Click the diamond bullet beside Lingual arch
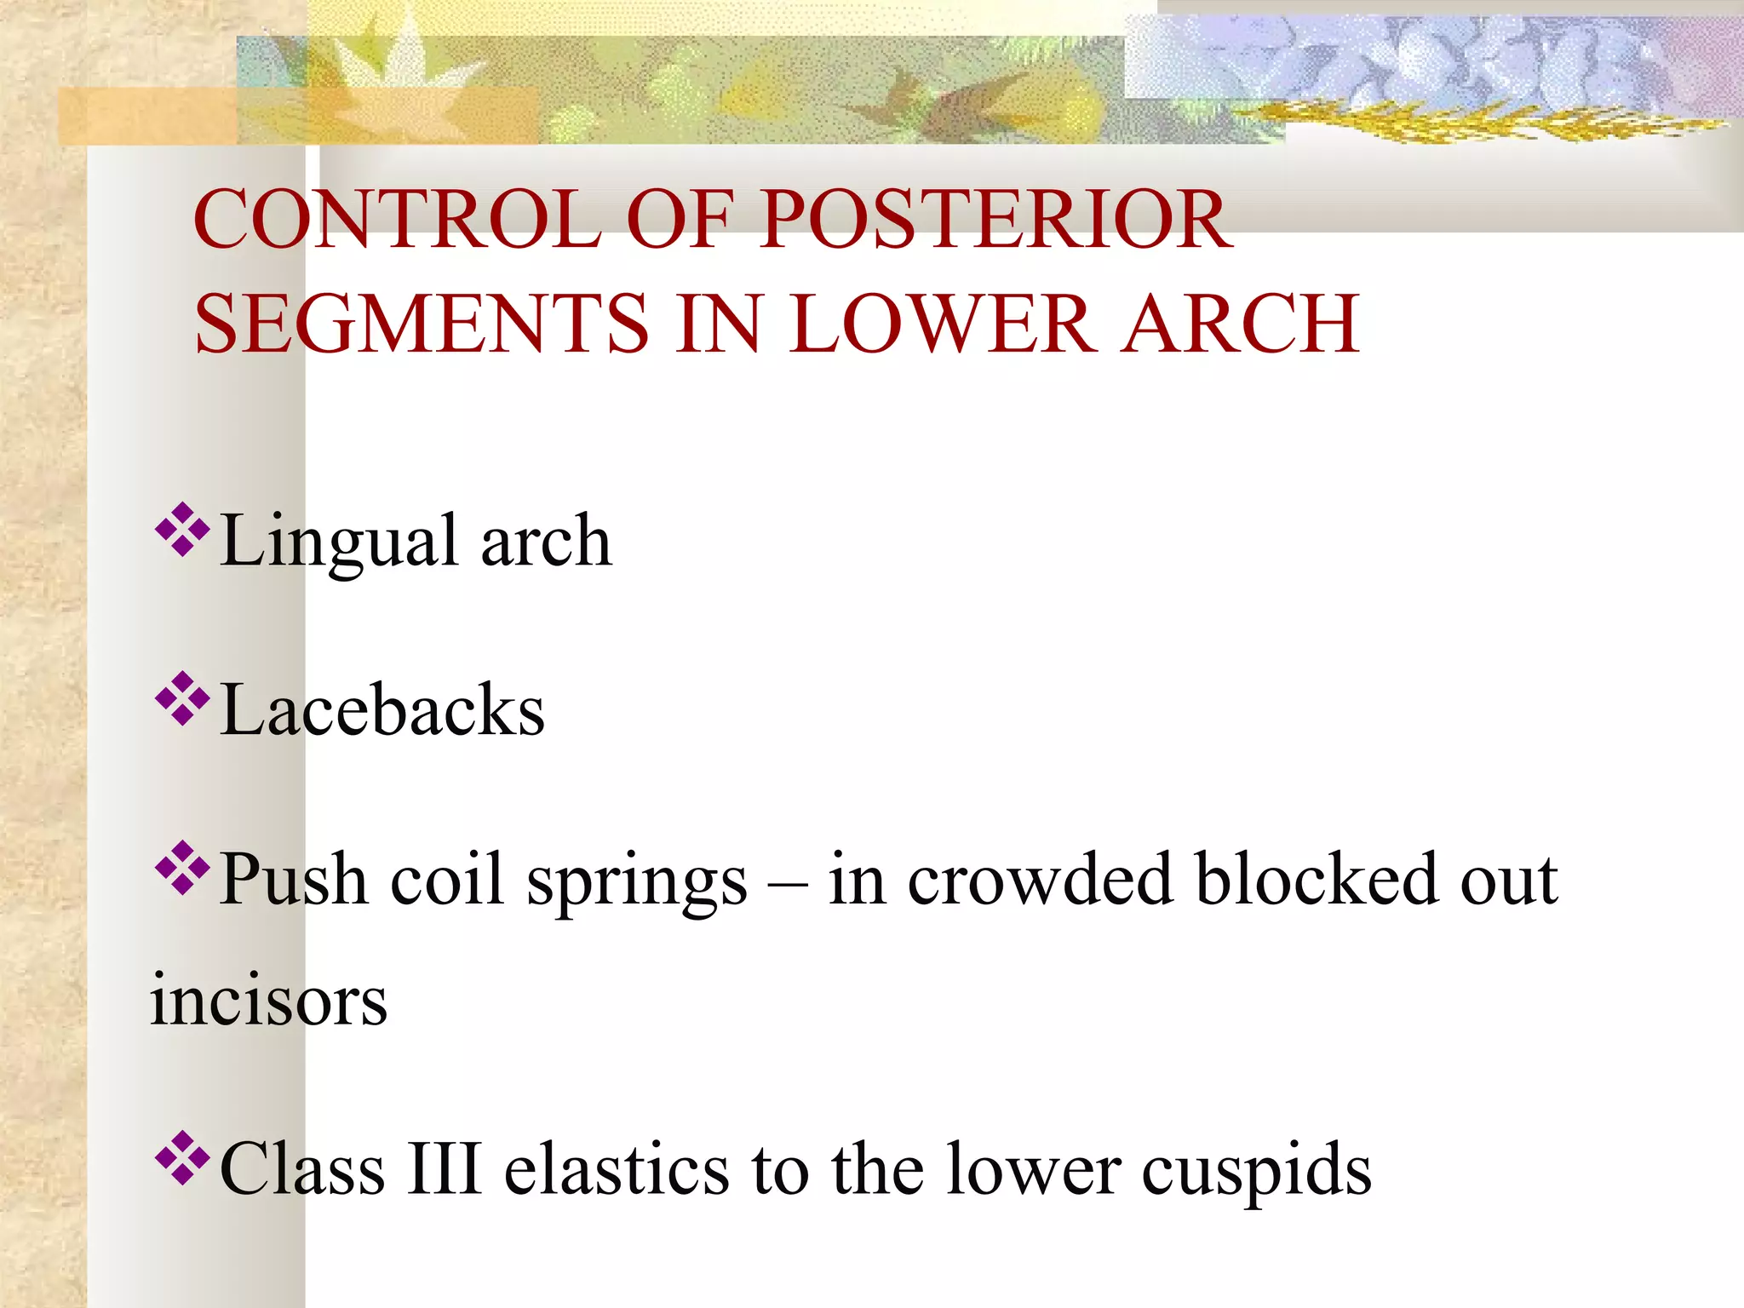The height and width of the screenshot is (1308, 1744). tap(182, 530)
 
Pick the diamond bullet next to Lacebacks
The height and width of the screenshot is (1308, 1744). tap(182, 699)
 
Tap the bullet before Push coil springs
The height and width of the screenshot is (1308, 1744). tap(182, 869)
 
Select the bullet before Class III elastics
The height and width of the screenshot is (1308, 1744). tap(182, 1157)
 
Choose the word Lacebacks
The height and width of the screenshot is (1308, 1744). tap(382, 710)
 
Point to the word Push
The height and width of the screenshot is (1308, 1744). tap(293, 879)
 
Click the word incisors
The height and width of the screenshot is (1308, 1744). tap(268, 1001)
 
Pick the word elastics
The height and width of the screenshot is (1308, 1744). tap(617, 1169)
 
